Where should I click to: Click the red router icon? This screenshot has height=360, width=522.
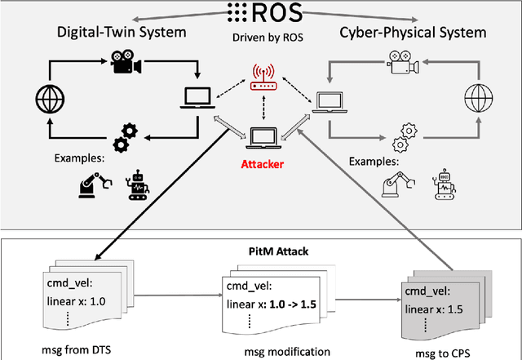[x=263, y=76]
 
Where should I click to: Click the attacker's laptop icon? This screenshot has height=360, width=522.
[x=263, y=138]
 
